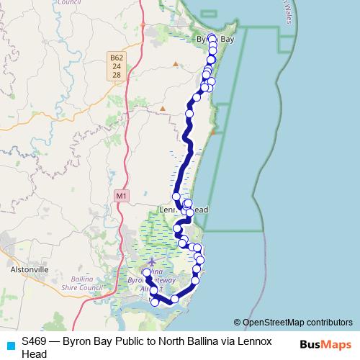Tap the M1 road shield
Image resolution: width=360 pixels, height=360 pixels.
[121, 195]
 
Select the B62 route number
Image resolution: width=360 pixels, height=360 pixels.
[117, 57]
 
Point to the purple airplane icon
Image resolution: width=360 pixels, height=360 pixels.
[151, 262]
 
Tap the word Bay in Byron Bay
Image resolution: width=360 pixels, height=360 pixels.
[227, 40]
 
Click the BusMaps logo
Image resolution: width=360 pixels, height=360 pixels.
[322, 344]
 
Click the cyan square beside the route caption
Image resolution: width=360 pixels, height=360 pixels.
[10, 345]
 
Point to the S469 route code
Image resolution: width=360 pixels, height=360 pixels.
[35, 340]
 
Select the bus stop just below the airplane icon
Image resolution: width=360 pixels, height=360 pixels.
[147, 272]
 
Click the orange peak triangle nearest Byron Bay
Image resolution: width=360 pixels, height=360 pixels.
[176, 63]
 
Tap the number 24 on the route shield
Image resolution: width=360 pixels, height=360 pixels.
[117, 66]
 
